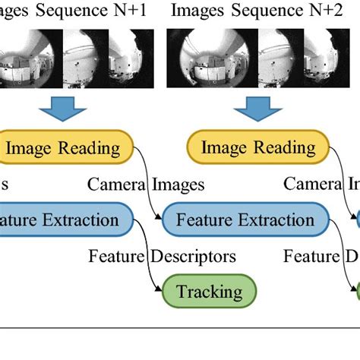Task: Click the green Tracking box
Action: tap(209, 291)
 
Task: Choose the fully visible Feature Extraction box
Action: tap(245, 220)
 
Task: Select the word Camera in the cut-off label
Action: tap(311, 184)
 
